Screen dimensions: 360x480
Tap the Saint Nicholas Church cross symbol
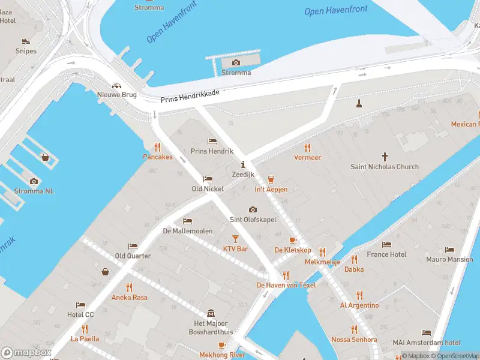tap(385, 155)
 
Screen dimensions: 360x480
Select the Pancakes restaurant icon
tap(158, 146)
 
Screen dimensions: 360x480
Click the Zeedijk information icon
tap(243, 164)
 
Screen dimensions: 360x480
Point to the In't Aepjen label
tap(271, 190)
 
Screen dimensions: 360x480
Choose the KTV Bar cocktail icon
tap(235, 239)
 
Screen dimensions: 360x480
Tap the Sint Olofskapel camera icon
tap(253, 209)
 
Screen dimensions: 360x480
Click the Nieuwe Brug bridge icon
tap(117, 85)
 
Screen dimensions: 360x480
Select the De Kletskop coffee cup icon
tap(293, 240)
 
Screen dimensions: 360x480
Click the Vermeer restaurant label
tap(307, 157)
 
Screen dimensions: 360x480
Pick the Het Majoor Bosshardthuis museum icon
tap(211, 314)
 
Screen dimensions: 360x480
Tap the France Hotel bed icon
tap(386, 245)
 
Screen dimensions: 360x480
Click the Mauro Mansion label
tap(449, 260)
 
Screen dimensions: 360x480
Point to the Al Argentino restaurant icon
tap(359, 295)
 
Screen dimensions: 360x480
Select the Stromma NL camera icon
tap(34, 181)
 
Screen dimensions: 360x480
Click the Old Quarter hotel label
tap(133, 256)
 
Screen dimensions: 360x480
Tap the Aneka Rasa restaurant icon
tap(129, 287)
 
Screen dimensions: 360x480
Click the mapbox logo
tap(26, 352)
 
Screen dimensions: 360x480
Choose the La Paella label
tap(84, 338)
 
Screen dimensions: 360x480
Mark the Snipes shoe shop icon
tap(26, 41)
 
